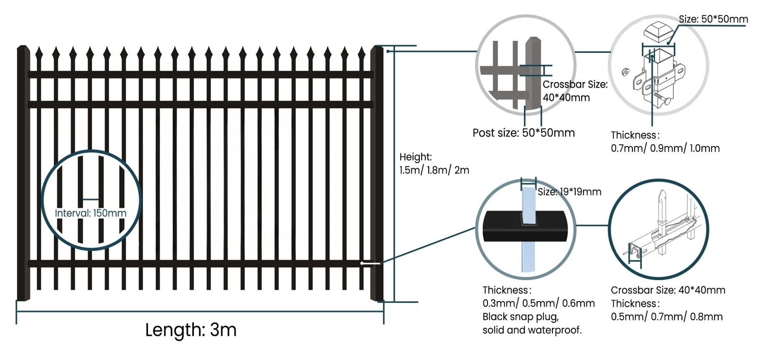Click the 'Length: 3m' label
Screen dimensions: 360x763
click(x=191, y=330)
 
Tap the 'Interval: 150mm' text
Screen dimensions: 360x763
click(x=91, y=213)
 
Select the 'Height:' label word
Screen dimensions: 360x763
click(x=415, y=157)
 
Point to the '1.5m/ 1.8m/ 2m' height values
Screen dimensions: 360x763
click(x=434, y=170)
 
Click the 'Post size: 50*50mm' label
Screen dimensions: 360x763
click(x=524, y=133)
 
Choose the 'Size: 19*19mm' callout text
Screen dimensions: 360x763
click(x=569, y=192)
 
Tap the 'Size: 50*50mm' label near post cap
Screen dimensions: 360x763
click(x=713, y=19)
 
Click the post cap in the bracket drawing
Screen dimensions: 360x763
click(x=658, y=32)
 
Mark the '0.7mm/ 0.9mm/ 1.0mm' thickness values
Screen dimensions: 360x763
click(x=665, y=148)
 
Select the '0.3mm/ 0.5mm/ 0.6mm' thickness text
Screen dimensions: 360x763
click(x=539, y=303)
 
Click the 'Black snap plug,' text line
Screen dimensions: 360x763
click(x=521, y=317)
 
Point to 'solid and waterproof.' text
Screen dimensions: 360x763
click(x=532, y=330)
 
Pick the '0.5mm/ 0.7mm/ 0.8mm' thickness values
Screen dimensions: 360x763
click(x=667, y=317)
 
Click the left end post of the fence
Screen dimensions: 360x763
click(x=22, y=172)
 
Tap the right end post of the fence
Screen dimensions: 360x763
click(x=377, y=172)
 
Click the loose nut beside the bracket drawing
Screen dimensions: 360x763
click(x=625, y=71)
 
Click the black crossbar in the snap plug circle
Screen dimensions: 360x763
click(x=499, y=226)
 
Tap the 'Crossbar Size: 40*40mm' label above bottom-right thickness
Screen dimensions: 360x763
click(x=668, y=290)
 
